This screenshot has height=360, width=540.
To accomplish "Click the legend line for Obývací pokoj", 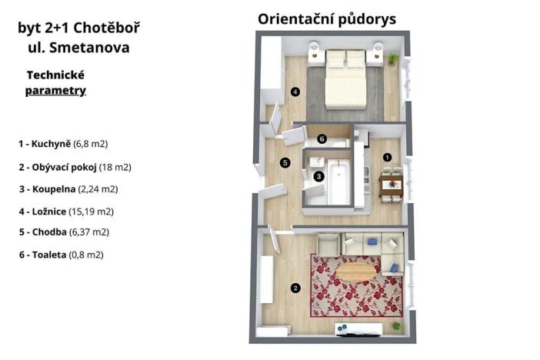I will click(x=75, y=167).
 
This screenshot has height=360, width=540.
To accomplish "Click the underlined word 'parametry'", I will click(x=55, y=91).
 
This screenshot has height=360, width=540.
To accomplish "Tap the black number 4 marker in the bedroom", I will click(x=295, y=92).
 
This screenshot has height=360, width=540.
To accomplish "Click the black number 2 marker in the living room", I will click(x=295, y=289).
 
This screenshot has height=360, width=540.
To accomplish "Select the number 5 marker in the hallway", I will click(x=285, y=162).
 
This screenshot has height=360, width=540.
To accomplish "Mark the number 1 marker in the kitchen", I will click(x=387, y=157).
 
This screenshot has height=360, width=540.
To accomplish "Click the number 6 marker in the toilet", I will click(x=322, y=138).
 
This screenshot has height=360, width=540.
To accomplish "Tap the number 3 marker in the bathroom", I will click(x=319, y=175).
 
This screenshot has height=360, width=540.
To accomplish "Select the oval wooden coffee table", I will click(x=357, y=272).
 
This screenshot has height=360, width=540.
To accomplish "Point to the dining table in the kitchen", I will click(x=391, y=183).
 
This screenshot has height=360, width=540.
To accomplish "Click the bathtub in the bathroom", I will click(x=338, y=184).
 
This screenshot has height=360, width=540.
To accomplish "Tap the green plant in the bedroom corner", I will click(x=393, y=58).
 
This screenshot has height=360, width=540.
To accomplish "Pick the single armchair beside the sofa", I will click(x=328, y=245).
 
